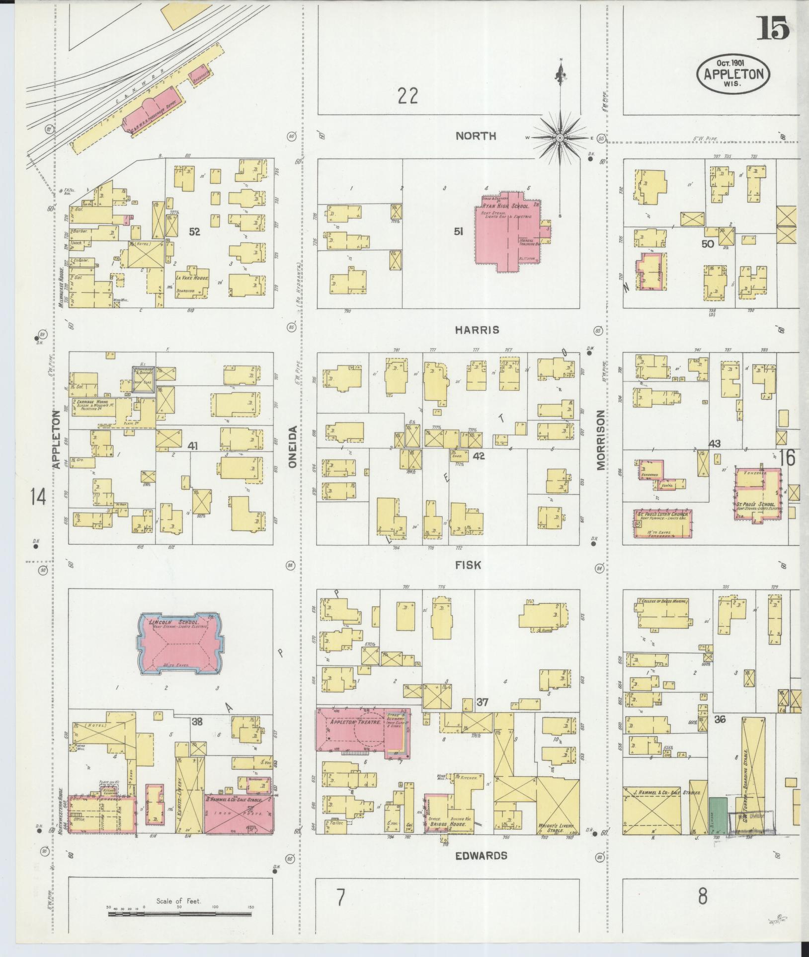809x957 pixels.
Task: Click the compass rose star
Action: coord(560,138)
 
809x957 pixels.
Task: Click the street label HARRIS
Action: coord(476,330)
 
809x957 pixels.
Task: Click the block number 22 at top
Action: coord(407,95)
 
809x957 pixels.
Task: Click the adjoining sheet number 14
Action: coord(38,497)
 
